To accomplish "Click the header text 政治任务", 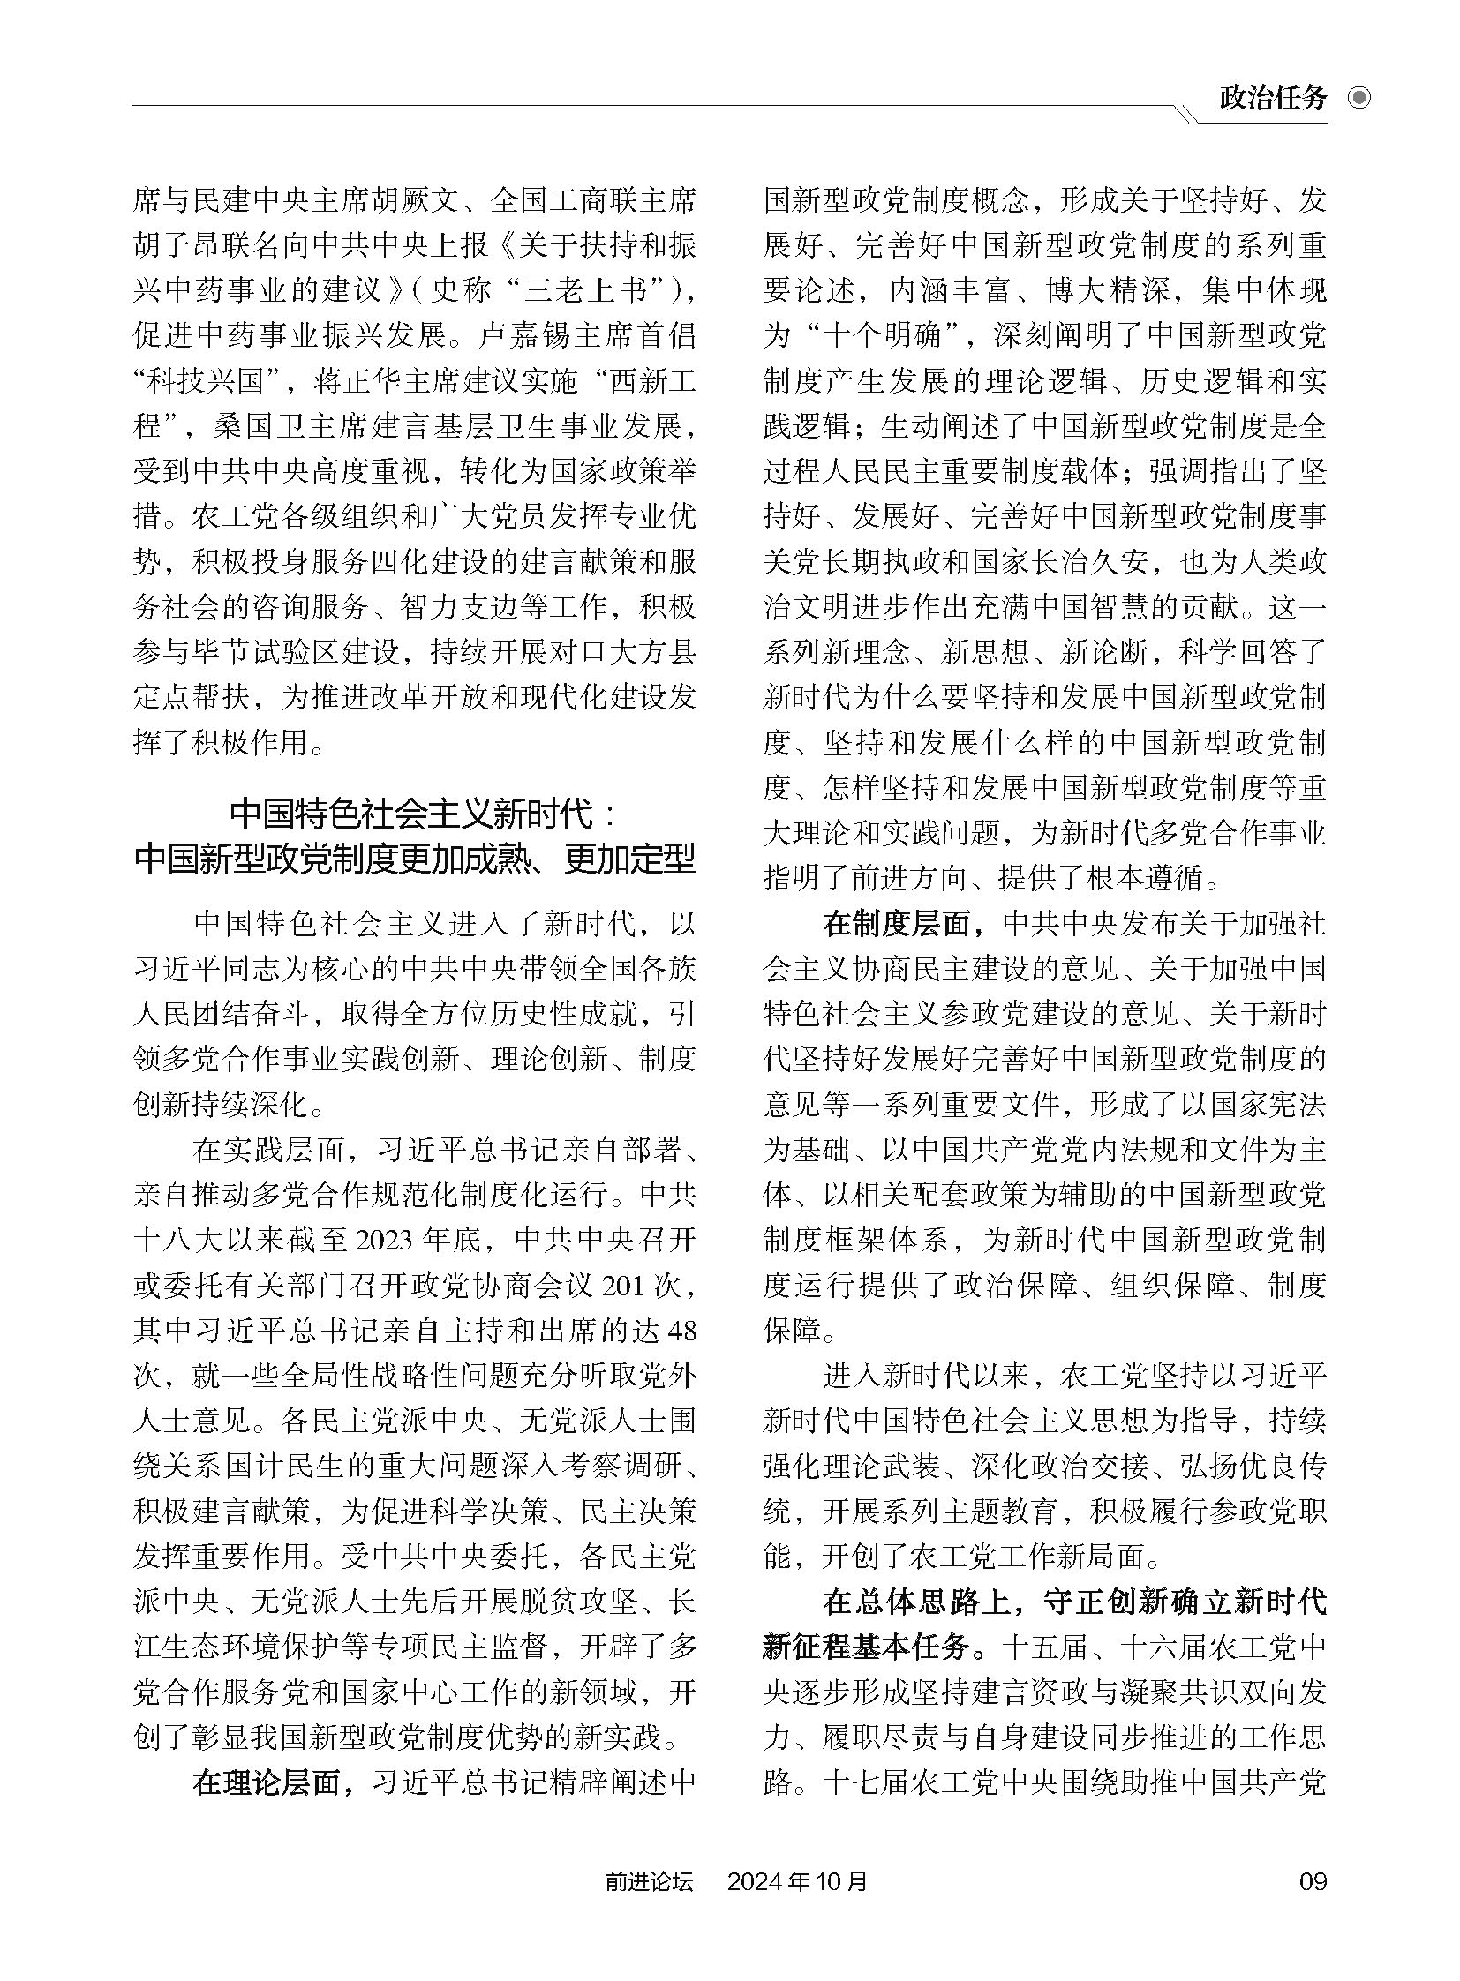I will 1273,97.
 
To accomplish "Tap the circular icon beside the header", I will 1359,97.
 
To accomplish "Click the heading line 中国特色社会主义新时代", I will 415,814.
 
